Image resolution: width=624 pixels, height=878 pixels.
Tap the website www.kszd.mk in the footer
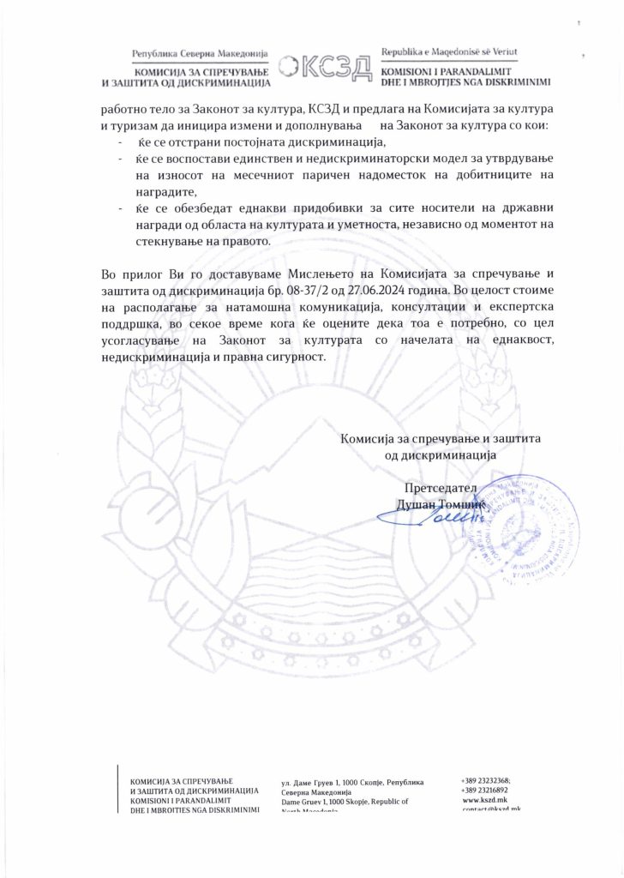[x=485, y=798]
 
